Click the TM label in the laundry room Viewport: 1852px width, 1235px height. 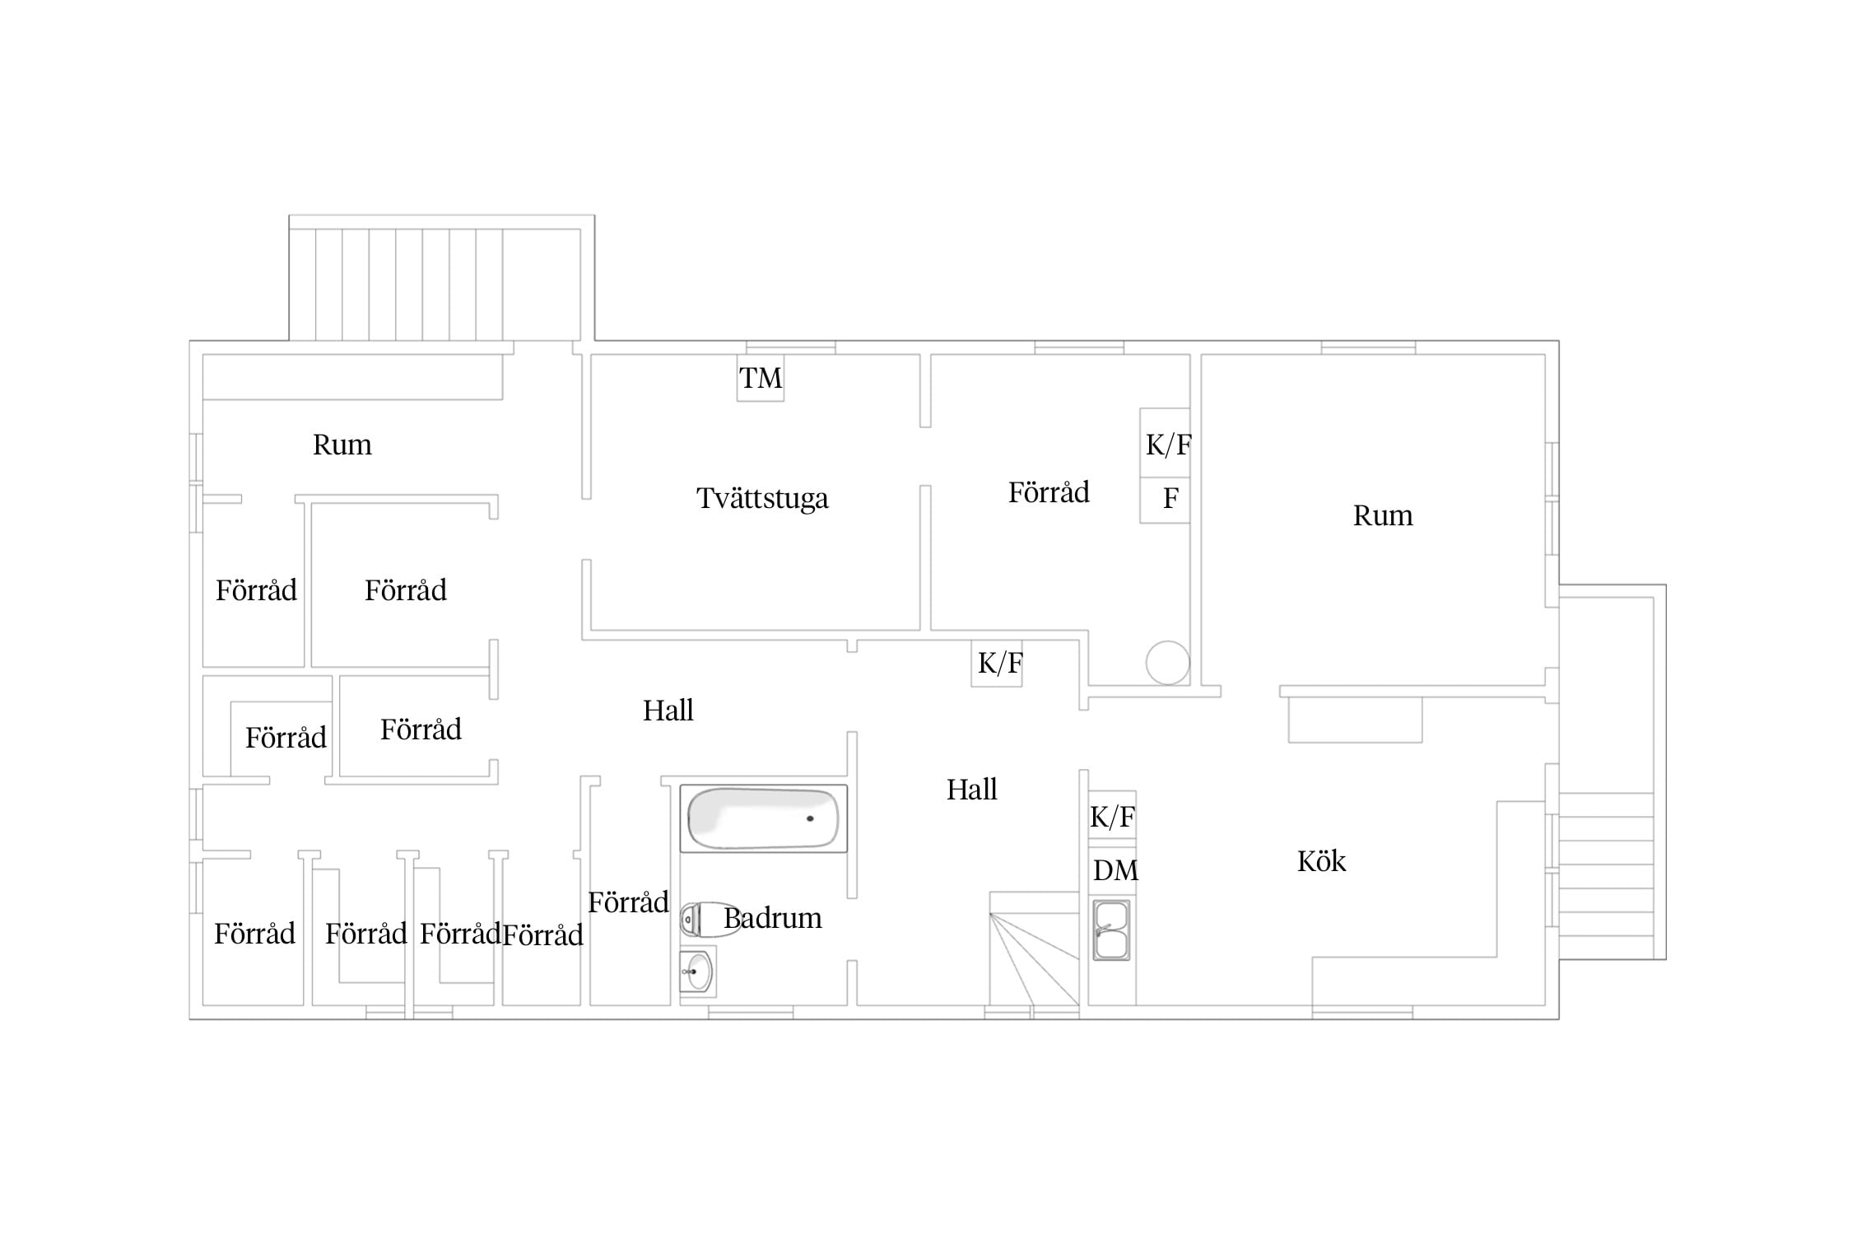[x=761, y=378]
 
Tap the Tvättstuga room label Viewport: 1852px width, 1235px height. [x=762, y=498]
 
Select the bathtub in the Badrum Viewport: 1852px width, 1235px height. [x=763, y=818]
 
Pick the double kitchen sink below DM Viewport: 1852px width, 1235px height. [x=1111, y=930]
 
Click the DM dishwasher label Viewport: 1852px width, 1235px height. [x=1115, y=869]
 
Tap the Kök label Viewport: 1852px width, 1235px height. [x=1321, y=861]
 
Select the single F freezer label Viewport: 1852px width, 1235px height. [x=1170, y=498]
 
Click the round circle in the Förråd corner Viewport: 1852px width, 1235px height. [x=1167, y=663]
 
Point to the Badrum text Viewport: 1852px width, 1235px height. [x=772, y=918]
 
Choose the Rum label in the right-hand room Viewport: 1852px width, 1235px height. [x=1383, y=515]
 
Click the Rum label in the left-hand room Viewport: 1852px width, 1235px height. [x=342, y=445]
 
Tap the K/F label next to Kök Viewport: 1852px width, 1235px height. [x=1112, y=817]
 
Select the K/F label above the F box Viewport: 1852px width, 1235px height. [x=1168, y=445]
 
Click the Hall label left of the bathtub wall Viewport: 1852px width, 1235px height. [x=668, y=711]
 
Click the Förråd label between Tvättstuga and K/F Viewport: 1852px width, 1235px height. [x=1049, y=492]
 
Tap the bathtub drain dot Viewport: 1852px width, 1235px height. [x=810, y=818]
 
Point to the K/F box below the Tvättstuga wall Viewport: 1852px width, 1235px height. [x=997, y=664]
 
